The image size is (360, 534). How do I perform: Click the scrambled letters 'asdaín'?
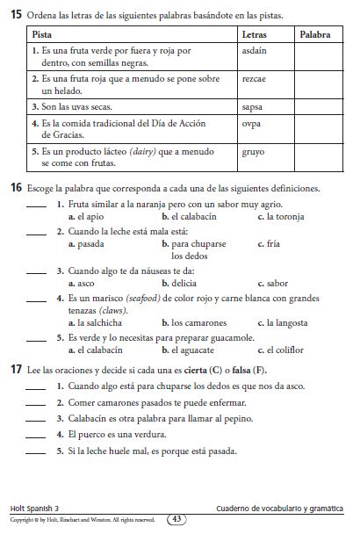(254, 52)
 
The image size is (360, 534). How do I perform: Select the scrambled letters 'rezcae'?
(253, 78)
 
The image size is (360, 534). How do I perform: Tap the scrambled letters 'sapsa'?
(252, 105)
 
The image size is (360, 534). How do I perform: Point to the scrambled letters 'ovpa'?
(251, 123)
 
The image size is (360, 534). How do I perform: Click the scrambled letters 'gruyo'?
(253, 150)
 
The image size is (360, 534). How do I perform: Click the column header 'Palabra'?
(315, 33)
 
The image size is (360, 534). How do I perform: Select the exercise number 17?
(17, 367)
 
